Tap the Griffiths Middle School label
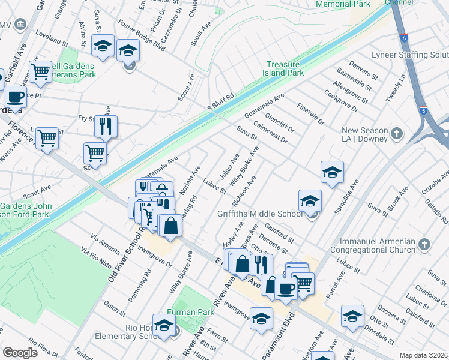pos(259,214)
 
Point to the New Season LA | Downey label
pos(358,136)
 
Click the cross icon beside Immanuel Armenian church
pos(424,244)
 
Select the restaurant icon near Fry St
pos(106,127)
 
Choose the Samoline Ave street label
pos(346,199)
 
